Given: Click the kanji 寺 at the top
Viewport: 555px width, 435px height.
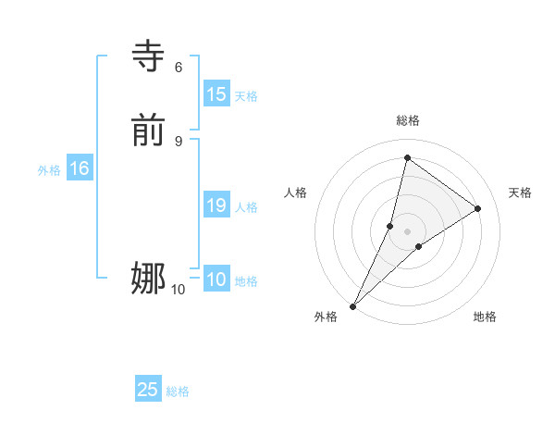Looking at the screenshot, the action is (148, 56).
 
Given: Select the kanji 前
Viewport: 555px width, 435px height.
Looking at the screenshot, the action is (148, 131).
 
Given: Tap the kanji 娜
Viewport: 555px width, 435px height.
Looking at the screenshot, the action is (148, 278).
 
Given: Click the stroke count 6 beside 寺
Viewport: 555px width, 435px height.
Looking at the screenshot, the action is (179, 67).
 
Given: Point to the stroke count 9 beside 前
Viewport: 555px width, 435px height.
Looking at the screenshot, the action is (179, 141).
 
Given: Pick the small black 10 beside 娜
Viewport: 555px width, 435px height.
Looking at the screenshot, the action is (178, 290).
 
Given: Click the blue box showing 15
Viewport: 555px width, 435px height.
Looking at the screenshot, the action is (216, 94).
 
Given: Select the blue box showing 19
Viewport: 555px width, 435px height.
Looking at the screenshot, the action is (216, 205).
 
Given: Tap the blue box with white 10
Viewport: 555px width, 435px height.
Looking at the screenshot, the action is (216, 280).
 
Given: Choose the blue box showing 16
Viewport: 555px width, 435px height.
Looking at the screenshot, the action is (79, 168).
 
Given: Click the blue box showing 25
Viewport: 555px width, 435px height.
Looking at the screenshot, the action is (148, 390).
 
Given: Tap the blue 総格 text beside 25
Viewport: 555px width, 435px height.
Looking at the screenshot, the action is (178, 391).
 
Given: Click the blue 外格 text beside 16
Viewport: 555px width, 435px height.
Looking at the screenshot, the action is (49, 170).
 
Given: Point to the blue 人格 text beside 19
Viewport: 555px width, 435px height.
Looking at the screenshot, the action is (247, 207).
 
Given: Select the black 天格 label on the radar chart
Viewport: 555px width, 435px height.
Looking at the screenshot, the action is (520, 193).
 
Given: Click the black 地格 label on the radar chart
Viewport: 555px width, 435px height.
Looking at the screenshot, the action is (485, 317).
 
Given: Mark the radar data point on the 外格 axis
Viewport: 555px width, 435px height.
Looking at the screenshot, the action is (352, 306).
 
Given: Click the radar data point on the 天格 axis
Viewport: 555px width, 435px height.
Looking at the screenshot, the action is (478, 208).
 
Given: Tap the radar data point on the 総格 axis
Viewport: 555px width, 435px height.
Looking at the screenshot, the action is (407, 157).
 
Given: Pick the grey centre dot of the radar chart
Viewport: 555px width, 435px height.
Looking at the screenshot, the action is (407, 231).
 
